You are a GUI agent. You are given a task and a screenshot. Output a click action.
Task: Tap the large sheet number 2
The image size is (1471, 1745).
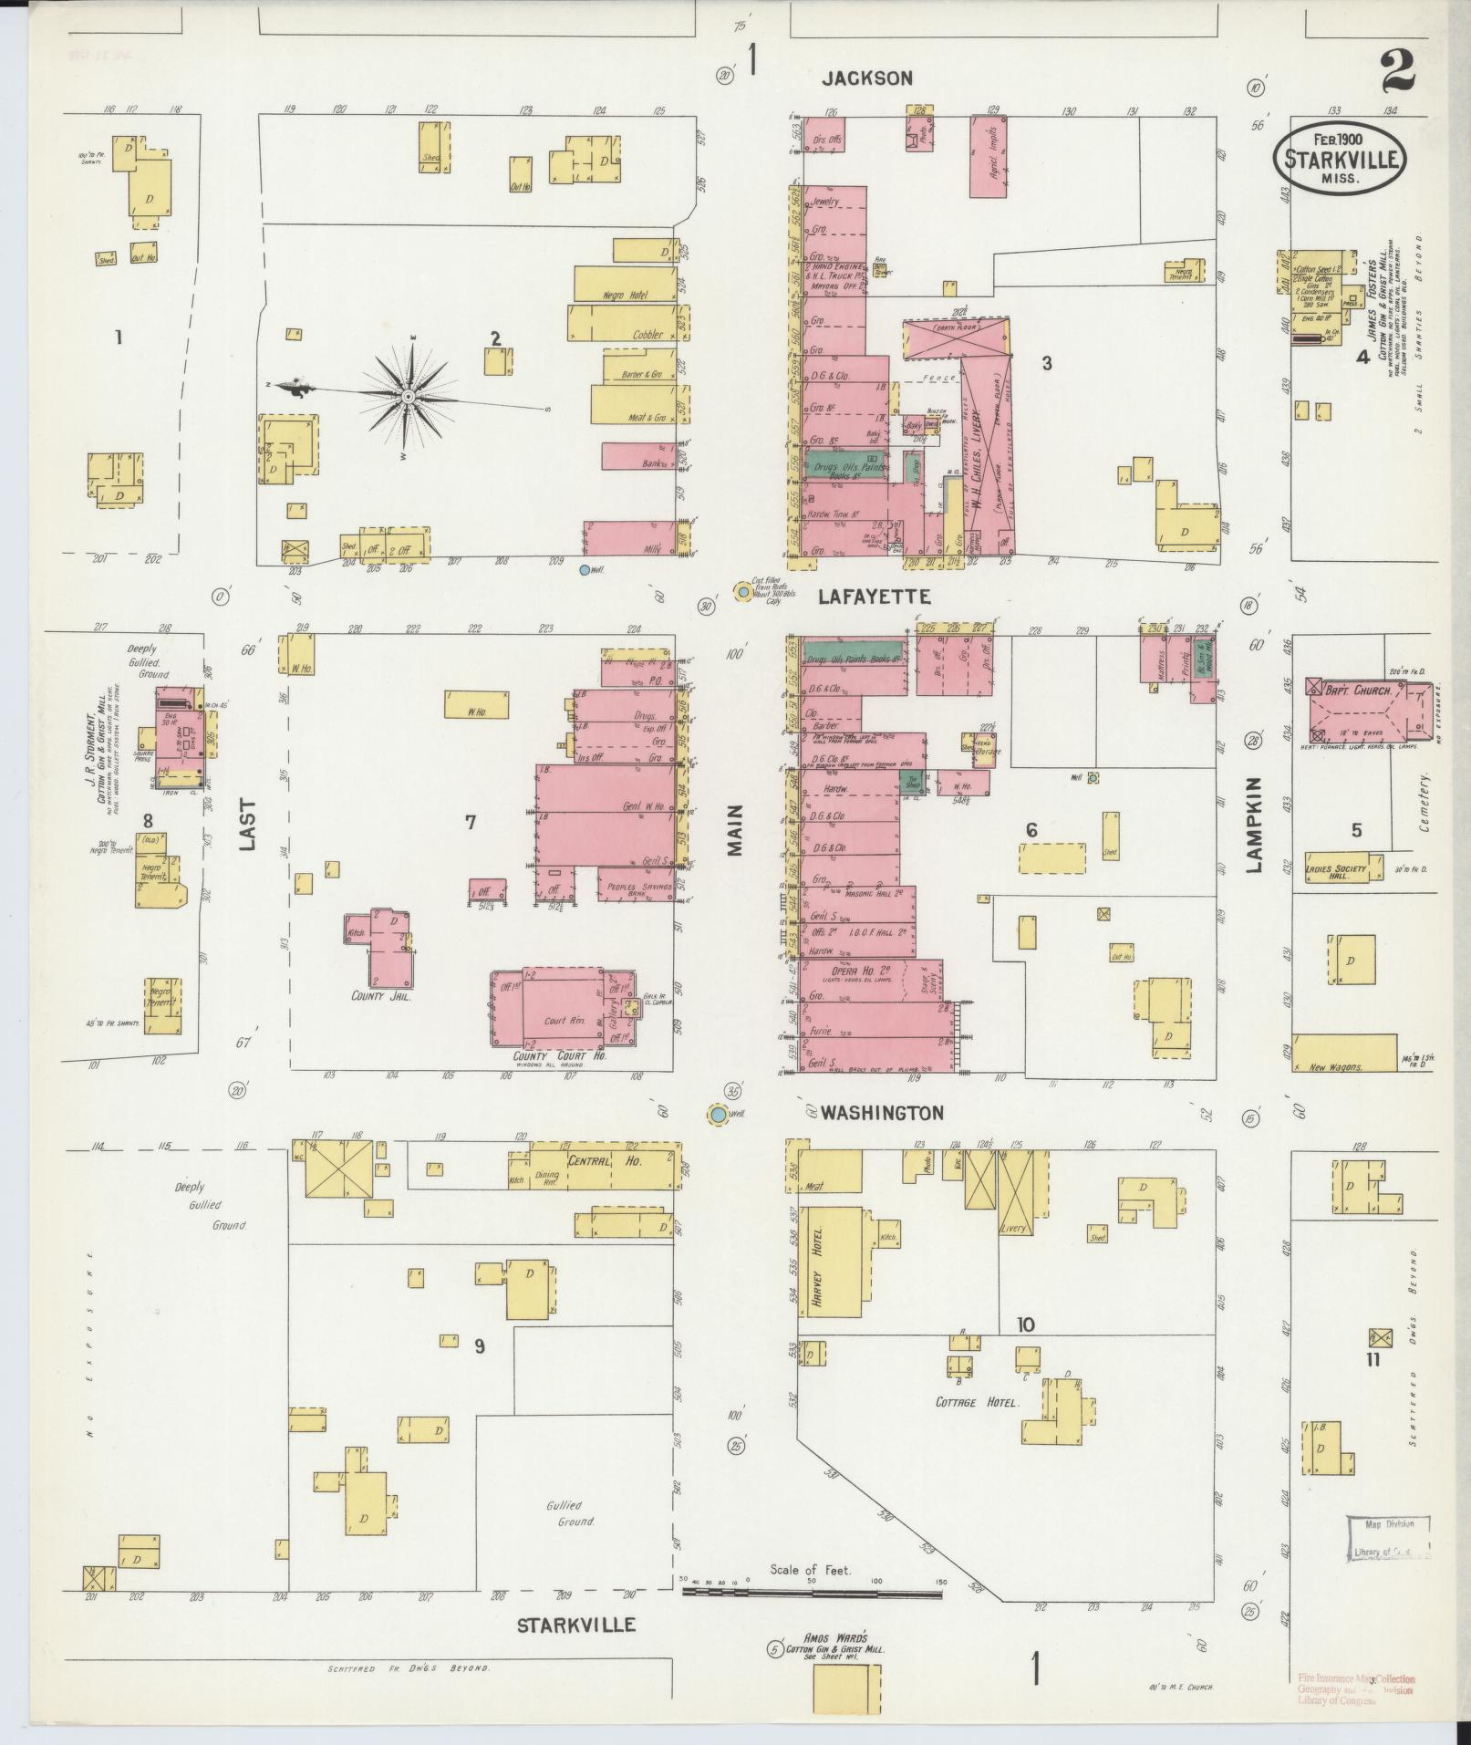click(x=1397, y=72)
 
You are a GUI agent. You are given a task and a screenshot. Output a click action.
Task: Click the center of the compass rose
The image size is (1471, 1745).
click(x=408, y=397)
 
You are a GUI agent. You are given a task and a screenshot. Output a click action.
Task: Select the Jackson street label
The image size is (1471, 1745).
click(x=865, y=78)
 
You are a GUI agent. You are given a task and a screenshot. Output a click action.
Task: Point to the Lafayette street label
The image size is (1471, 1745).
click(x=874, y=597)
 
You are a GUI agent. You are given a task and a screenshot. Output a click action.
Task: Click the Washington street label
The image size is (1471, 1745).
click(x=881, y=1113)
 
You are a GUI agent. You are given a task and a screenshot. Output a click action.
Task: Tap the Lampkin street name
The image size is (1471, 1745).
click(x=1254, y=825)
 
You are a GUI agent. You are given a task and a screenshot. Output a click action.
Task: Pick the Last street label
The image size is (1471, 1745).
click(x=247, y=826)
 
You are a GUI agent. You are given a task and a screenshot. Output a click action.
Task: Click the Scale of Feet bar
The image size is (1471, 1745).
click(x=812, y=1594)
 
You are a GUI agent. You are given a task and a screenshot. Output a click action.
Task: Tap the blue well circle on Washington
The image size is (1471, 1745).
click(x=719, y=1114)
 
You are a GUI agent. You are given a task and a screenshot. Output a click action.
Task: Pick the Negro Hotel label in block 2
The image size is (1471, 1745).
click(x=624, y=296)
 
